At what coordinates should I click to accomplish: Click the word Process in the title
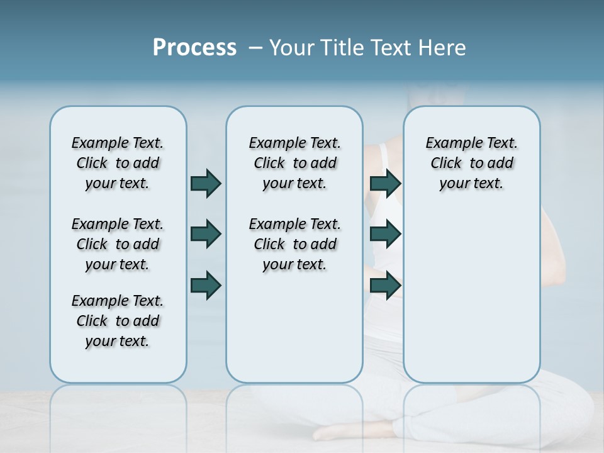pyautogui.click(x=194, y=48)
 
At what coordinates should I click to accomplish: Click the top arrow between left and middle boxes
pyautogui.click(x=206, y=183)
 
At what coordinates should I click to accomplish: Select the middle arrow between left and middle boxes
pyautogui.click(x=206, y=234)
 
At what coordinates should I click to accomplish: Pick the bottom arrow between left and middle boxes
pyautogui.click(x=206, y=285)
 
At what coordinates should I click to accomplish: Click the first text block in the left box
pyautogui.click(x=118, y=163)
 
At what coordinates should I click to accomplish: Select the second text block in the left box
pyautogui.click(x=118, y=244)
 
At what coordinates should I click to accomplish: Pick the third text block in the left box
pyautogui.click(x=118, y=321)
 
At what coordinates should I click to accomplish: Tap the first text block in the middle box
pyautogui.click(x=294, y=163)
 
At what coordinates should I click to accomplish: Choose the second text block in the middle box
pyautogui.click(x=294, y=244)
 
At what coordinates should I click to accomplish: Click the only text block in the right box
pyautogui.click(x=471, y=163)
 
